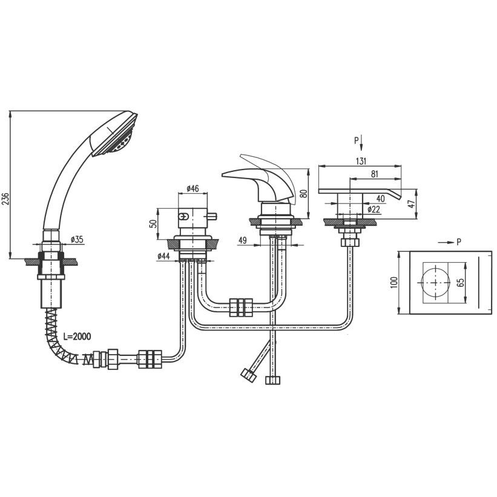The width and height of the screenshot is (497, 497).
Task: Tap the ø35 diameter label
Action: [x=77, y=239]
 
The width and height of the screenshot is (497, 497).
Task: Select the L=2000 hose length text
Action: [x=77, y=336]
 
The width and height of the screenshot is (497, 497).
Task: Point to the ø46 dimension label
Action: [x=193, y=188]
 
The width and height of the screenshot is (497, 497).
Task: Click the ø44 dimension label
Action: [x=164, y=256]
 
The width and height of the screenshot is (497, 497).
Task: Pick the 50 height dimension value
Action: [x=153, y=223]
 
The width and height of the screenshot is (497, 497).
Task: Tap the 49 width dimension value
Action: [x=243, y=240]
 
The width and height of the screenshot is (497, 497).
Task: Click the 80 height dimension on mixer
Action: [x=304, y=194]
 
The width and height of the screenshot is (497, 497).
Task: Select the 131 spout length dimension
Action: [x=361, y=161]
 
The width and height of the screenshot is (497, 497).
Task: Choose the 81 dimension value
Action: [x=374, y=174]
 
